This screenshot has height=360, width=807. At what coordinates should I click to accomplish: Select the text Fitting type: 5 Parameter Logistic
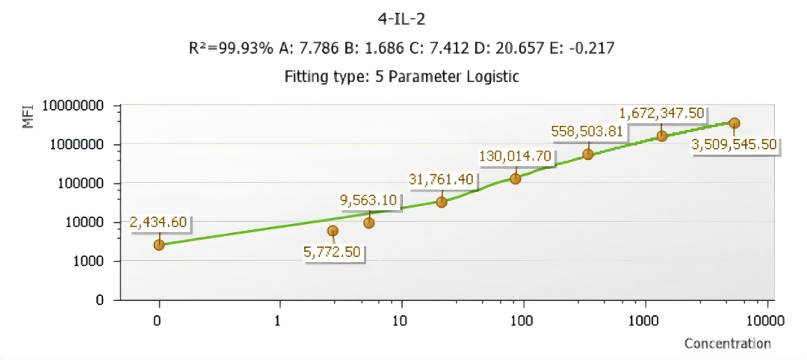pos(402,76)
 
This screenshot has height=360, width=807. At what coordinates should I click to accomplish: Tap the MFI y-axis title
pos(29,117)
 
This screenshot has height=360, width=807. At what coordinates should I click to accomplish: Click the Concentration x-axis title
pos(727,344)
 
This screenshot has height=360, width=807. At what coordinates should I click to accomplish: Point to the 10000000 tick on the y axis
pos(72,106)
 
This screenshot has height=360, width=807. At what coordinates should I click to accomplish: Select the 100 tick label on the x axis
pos(522,321)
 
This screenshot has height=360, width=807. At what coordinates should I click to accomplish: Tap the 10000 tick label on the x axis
pos(764,321)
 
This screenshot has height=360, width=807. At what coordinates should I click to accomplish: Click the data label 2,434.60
pos(159,223)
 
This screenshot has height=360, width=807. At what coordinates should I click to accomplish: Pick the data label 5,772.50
pos(332,252)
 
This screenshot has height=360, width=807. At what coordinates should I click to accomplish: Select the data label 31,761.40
pos(442,179)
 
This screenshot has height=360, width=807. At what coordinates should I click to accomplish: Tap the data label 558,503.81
pos(587,131)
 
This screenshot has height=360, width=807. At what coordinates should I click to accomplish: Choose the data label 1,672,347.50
pos(661,114)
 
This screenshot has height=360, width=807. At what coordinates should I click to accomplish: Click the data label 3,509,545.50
pos(734,145)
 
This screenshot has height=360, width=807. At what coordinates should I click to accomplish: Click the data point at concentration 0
pos(159,244)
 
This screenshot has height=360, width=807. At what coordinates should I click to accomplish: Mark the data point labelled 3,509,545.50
pos(734,123)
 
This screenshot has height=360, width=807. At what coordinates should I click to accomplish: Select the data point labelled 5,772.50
pos(333,231)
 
